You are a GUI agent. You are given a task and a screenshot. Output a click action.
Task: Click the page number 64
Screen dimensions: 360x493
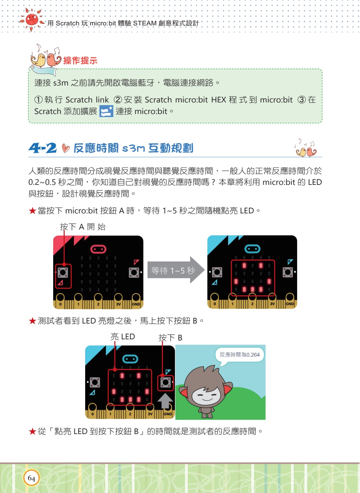coord(31,478)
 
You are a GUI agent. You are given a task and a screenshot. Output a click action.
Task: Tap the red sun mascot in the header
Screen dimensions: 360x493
coord(32,20)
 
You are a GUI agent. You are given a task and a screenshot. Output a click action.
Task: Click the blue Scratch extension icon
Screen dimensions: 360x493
coord(106,111)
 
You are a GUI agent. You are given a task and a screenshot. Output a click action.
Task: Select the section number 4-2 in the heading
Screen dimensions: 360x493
coord(42,148)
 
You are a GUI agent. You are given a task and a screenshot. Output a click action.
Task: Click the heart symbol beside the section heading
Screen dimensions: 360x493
coord(66,148)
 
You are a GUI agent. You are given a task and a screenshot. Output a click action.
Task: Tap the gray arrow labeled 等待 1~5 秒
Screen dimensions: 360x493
coord(176,270)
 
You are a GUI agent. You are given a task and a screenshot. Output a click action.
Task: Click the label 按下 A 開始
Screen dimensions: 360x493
coord(82,227)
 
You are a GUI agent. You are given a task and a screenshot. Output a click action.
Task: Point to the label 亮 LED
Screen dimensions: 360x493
coord(123,337)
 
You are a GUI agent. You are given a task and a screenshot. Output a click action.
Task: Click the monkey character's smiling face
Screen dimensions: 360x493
coord(206,396)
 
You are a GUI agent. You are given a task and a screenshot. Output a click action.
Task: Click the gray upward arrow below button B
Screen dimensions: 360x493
coord(165,401)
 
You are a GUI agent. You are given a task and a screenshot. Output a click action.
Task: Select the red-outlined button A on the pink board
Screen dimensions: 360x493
coord(63,276)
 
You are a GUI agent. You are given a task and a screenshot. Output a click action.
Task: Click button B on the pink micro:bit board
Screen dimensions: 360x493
coord(134,272)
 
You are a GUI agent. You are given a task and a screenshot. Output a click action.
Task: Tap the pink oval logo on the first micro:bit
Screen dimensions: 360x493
coord(98,249)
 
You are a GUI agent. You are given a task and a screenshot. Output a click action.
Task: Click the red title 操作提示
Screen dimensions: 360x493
coord(80,60)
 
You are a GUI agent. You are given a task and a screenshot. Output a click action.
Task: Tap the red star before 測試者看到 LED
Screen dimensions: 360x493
coord(32,321)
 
